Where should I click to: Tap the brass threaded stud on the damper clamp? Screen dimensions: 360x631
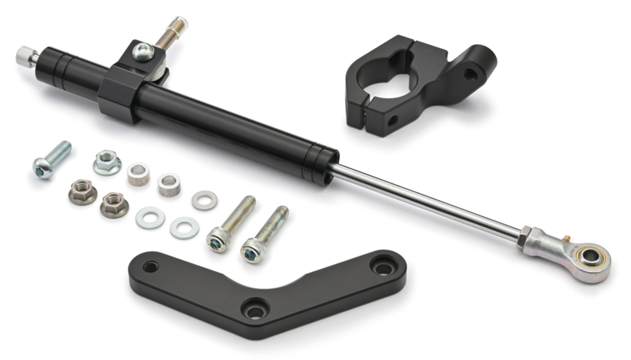(x=172, y=32)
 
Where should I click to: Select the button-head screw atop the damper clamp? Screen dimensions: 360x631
(x=142, y=51)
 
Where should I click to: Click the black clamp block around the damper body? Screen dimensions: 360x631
(x=118, y=94)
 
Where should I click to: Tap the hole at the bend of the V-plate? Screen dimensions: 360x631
(x=255, y=309)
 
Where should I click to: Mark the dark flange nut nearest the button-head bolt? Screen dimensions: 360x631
(x=82, y=192)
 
